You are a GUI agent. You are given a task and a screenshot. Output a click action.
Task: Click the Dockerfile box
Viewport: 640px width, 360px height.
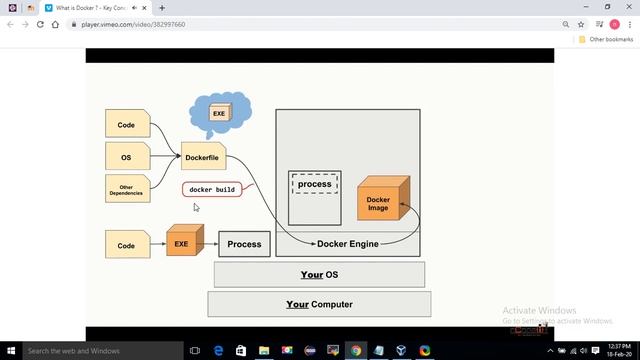click(203, 157)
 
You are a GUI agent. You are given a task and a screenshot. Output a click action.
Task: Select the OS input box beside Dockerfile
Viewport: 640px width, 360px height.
click(127, 157)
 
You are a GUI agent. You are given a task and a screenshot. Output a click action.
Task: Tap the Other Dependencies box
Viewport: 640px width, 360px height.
click(127, 188)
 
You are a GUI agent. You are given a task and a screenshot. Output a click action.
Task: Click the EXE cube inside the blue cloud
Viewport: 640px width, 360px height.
click(218, 114)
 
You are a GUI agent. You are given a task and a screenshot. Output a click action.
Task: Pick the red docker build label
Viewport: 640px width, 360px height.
click(212, 189)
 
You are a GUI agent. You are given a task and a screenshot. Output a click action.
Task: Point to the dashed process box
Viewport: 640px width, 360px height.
click(314, 184)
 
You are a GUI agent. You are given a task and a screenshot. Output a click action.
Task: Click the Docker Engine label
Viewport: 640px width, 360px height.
click(347, 244)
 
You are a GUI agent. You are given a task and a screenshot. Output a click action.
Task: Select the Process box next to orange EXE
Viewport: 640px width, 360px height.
click(244, 244)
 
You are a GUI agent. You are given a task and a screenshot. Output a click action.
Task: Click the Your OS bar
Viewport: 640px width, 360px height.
click(319, 275)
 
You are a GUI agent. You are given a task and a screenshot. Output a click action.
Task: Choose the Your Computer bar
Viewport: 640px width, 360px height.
click(319, 304)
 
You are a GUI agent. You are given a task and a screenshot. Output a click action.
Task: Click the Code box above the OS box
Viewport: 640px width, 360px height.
click(127, 125)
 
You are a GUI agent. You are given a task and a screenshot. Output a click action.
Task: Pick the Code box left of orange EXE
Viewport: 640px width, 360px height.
click(127, 245)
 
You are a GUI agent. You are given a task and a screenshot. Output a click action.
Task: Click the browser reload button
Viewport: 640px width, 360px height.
click(42, 24)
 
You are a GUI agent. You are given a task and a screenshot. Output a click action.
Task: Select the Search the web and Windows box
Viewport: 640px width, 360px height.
click(90, 351)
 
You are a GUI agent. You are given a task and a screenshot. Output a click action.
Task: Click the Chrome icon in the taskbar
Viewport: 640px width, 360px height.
click(356, 351)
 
